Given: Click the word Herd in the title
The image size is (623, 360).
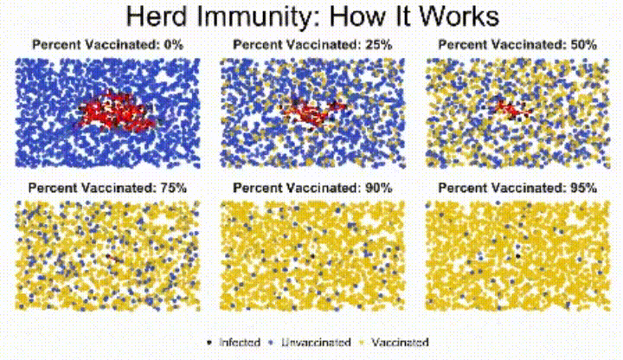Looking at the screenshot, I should point(156,17).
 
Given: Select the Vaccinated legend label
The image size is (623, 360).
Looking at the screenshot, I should point(400,343).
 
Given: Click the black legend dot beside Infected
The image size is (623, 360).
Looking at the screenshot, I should point(210,343).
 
